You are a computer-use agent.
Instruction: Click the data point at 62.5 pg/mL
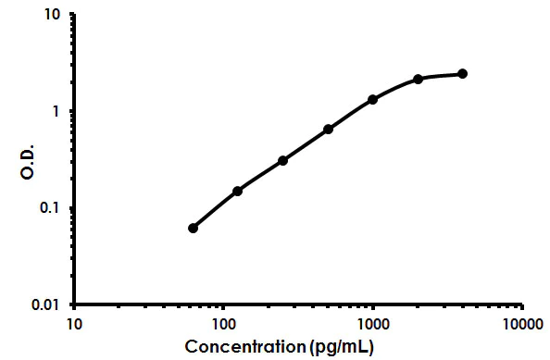click(193, 228)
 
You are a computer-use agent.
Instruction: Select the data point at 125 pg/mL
click(237, 191)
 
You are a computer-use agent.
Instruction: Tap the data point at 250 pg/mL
click(282, 160)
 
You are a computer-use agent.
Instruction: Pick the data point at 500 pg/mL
click(328, 129)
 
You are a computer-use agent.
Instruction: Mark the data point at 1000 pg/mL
click(372, 99)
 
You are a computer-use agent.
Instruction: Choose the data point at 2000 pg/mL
click(418, 79)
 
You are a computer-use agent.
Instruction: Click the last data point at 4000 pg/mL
click(462, 73)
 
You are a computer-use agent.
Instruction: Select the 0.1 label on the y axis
click(52, 207)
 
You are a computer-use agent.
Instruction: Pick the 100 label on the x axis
click(223, 324)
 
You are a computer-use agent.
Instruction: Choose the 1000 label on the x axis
click(372, 324)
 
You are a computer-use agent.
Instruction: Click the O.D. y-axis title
click(27, 159)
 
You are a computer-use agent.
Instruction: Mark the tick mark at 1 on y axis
click(71, 111)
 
